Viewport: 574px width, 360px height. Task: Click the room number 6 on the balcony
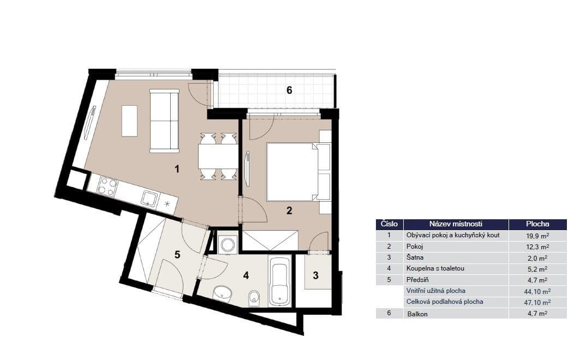pyautogui.click(x=289, y=91)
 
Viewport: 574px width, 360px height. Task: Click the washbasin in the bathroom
pyautogui.click(x=222, y=294)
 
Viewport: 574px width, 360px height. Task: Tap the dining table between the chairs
pyautogui.click(x=218, y=157)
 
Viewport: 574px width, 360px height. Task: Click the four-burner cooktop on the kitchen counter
pyautogui.click(x=107, y=187)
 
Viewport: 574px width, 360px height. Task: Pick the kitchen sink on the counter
pyautogui.click(x=150, y=198)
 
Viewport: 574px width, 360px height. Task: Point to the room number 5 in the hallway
pyautogui.click(x=177, y=254)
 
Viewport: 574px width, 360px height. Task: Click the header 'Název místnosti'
pyautogui.click(x=456, y=224)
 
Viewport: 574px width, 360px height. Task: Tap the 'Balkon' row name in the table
pyautogui.click(x=417, y=314)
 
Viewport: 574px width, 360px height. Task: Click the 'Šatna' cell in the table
pyautogui.click(x=415, y=257)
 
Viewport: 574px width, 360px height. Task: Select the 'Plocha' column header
pyautogui.click(x=537, y=224)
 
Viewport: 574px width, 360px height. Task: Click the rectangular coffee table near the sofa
pyautogui.click(x=129, y=121)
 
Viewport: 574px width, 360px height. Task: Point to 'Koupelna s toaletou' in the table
pyautogui.click(x=435, y=268)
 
